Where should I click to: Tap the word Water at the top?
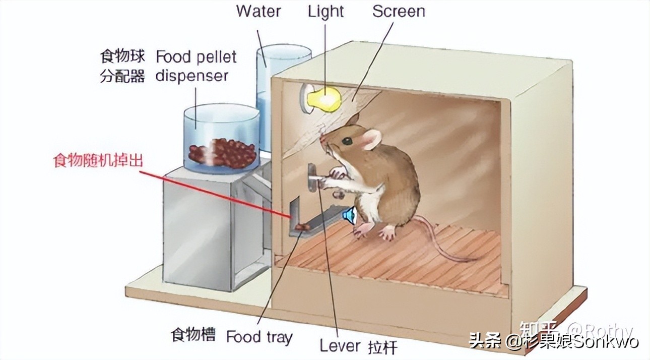[259, 11]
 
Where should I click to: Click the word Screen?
[399, 11]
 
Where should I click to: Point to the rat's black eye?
[347, 142]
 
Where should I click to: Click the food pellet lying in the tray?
[303, 228]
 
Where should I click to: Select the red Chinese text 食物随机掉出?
[98, 161]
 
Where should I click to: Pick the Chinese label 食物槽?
[193, 335]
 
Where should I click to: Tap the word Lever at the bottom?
[340, 346]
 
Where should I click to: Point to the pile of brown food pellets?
[222, 151]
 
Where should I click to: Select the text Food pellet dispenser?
[196, 66]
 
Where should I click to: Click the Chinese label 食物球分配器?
[122, 66]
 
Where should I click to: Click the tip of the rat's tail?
[476, 260]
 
